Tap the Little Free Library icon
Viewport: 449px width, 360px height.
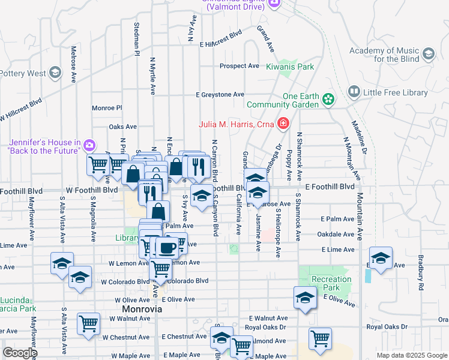(354, 92)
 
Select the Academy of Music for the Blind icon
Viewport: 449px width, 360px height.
(428, 55)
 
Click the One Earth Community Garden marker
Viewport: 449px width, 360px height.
(328, 98)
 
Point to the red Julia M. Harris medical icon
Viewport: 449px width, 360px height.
(283, 125)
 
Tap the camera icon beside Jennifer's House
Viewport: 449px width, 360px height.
(89, 145)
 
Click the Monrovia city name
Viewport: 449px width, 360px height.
(142, 310)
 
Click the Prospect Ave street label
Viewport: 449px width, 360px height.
(239, 66)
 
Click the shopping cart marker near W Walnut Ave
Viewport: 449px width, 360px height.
(88, 323)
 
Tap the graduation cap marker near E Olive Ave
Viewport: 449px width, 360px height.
(305, 298)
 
